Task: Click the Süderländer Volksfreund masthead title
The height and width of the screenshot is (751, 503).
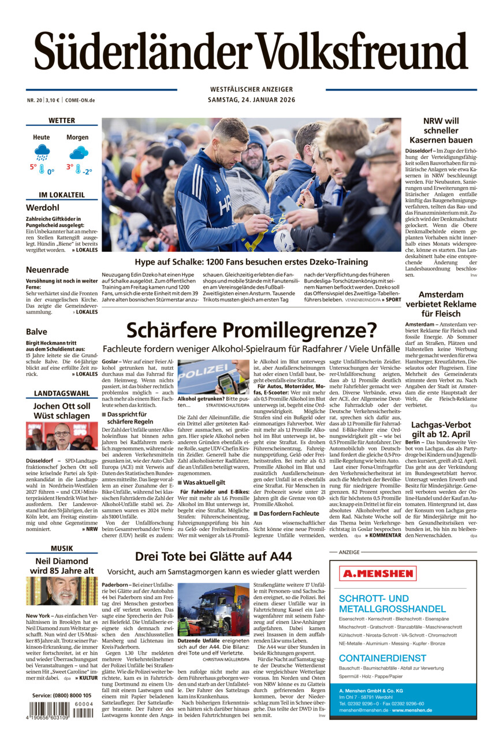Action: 251,52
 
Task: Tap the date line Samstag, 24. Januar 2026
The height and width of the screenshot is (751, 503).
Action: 251,100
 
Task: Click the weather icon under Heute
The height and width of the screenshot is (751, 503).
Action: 42,153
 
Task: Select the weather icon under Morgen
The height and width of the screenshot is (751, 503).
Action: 78,153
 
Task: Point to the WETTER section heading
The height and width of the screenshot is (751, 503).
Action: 62,121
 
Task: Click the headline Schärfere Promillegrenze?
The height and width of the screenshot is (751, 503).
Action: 251,330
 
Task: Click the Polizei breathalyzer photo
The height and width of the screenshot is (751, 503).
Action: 213,377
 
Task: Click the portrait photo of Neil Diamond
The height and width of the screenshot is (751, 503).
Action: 62,591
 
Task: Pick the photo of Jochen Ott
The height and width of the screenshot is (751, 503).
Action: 62,436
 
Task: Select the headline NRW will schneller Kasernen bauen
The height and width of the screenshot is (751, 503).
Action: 441,131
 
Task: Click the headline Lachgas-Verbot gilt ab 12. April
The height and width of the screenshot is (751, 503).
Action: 441,430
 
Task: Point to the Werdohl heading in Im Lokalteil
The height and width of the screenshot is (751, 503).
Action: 42,207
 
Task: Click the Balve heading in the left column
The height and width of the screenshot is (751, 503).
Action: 36,332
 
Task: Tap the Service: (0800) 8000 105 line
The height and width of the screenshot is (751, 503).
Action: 62,695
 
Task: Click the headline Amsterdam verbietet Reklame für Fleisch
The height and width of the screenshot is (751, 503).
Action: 441,304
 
